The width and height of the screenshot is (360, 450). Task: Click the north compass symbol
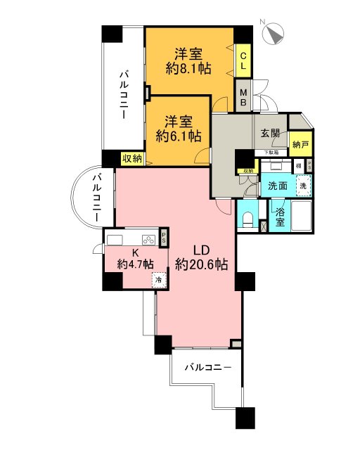[x=274, y=31]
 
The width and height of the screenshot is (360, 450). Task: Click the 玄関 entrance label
[x=271, y=133]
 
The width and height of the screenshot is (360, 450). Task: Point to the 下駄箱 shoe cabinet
[x=271, y=153]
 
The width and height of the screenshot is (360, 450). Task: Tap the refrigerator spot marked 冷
[x=158, y=279]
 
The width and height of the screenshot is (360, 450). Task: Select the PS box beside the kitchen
[x=164, y=238]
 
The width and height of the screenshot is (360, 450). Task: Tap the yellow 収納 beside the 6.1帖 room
[x=132, y=159]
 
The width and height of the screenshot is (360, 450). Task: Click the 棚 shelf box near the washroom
[x=299, y=167]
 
